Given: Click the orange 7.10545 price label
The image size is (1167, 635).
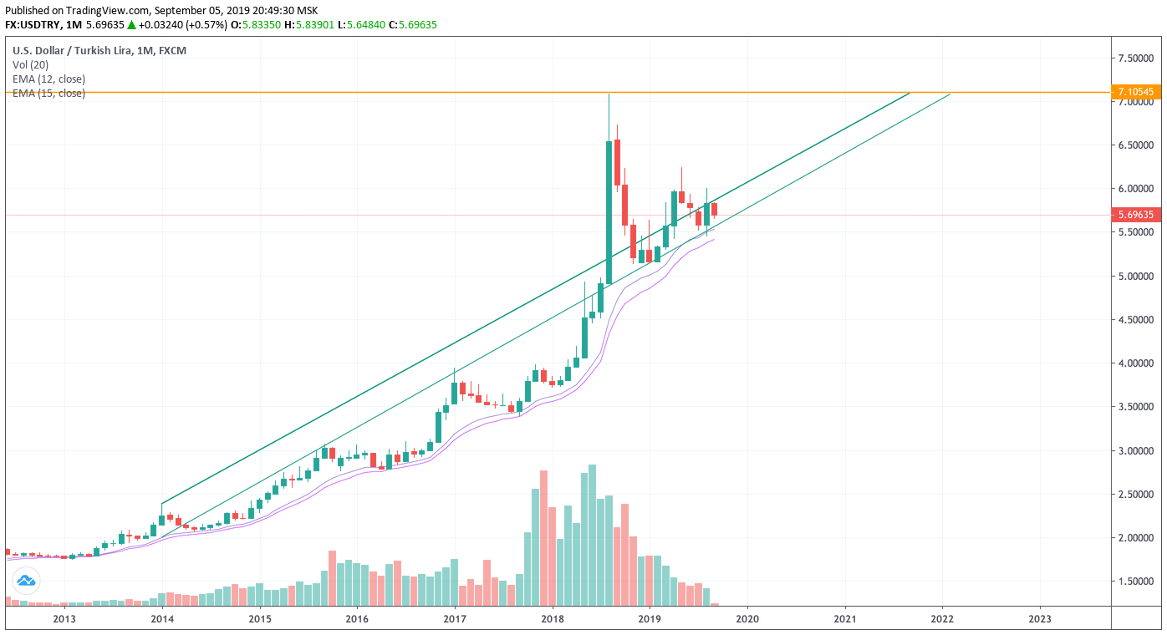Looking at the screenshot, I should pyautogui.click(x=1134, y=92).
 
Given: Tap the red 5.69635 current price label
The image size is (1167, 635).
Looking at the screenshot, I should pyautogui.click(x=1134, y=215).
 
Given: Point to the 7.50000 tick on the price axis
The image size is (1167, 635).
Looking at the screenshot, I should pyautogui.click(x=1136, y=58).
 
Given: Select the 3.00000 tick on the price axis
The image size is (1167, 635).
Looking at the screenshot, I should pyautogui.click(x=1136, y=451).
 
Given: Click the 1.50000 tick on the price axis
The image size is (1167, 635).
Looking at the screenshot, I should pyautogui.click(x=1136, y=582).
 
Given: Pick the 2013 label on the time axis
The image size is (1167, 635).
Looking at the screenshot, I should pyautogui.click(x=64, y=619).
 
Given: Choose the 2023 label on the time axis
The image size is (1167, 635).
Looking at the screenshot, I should pyautogui.click(x=1040, y=619).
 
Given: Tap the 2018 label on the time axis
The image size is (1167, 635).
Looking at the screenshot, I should pyautogui.click(x=552, y=619).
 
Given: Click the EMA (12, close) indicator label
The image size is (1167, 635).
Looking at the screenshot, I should pyautogui.click(x=48, y=79).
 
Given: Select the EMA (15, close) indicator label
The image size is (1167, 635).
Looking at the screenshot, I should pyautogui.click(x=48, y=94).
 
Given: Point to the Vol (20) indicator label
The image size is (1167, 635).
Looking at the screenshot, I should pyautogui.click(x=31, y=65).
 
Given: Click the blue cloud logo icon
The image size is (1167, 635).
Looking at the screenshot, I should pyautogui.click(x=26, y=580).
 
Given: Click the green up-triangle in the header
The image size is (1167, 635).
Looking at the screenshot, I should pyautogui.click(x=131, y=25).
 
